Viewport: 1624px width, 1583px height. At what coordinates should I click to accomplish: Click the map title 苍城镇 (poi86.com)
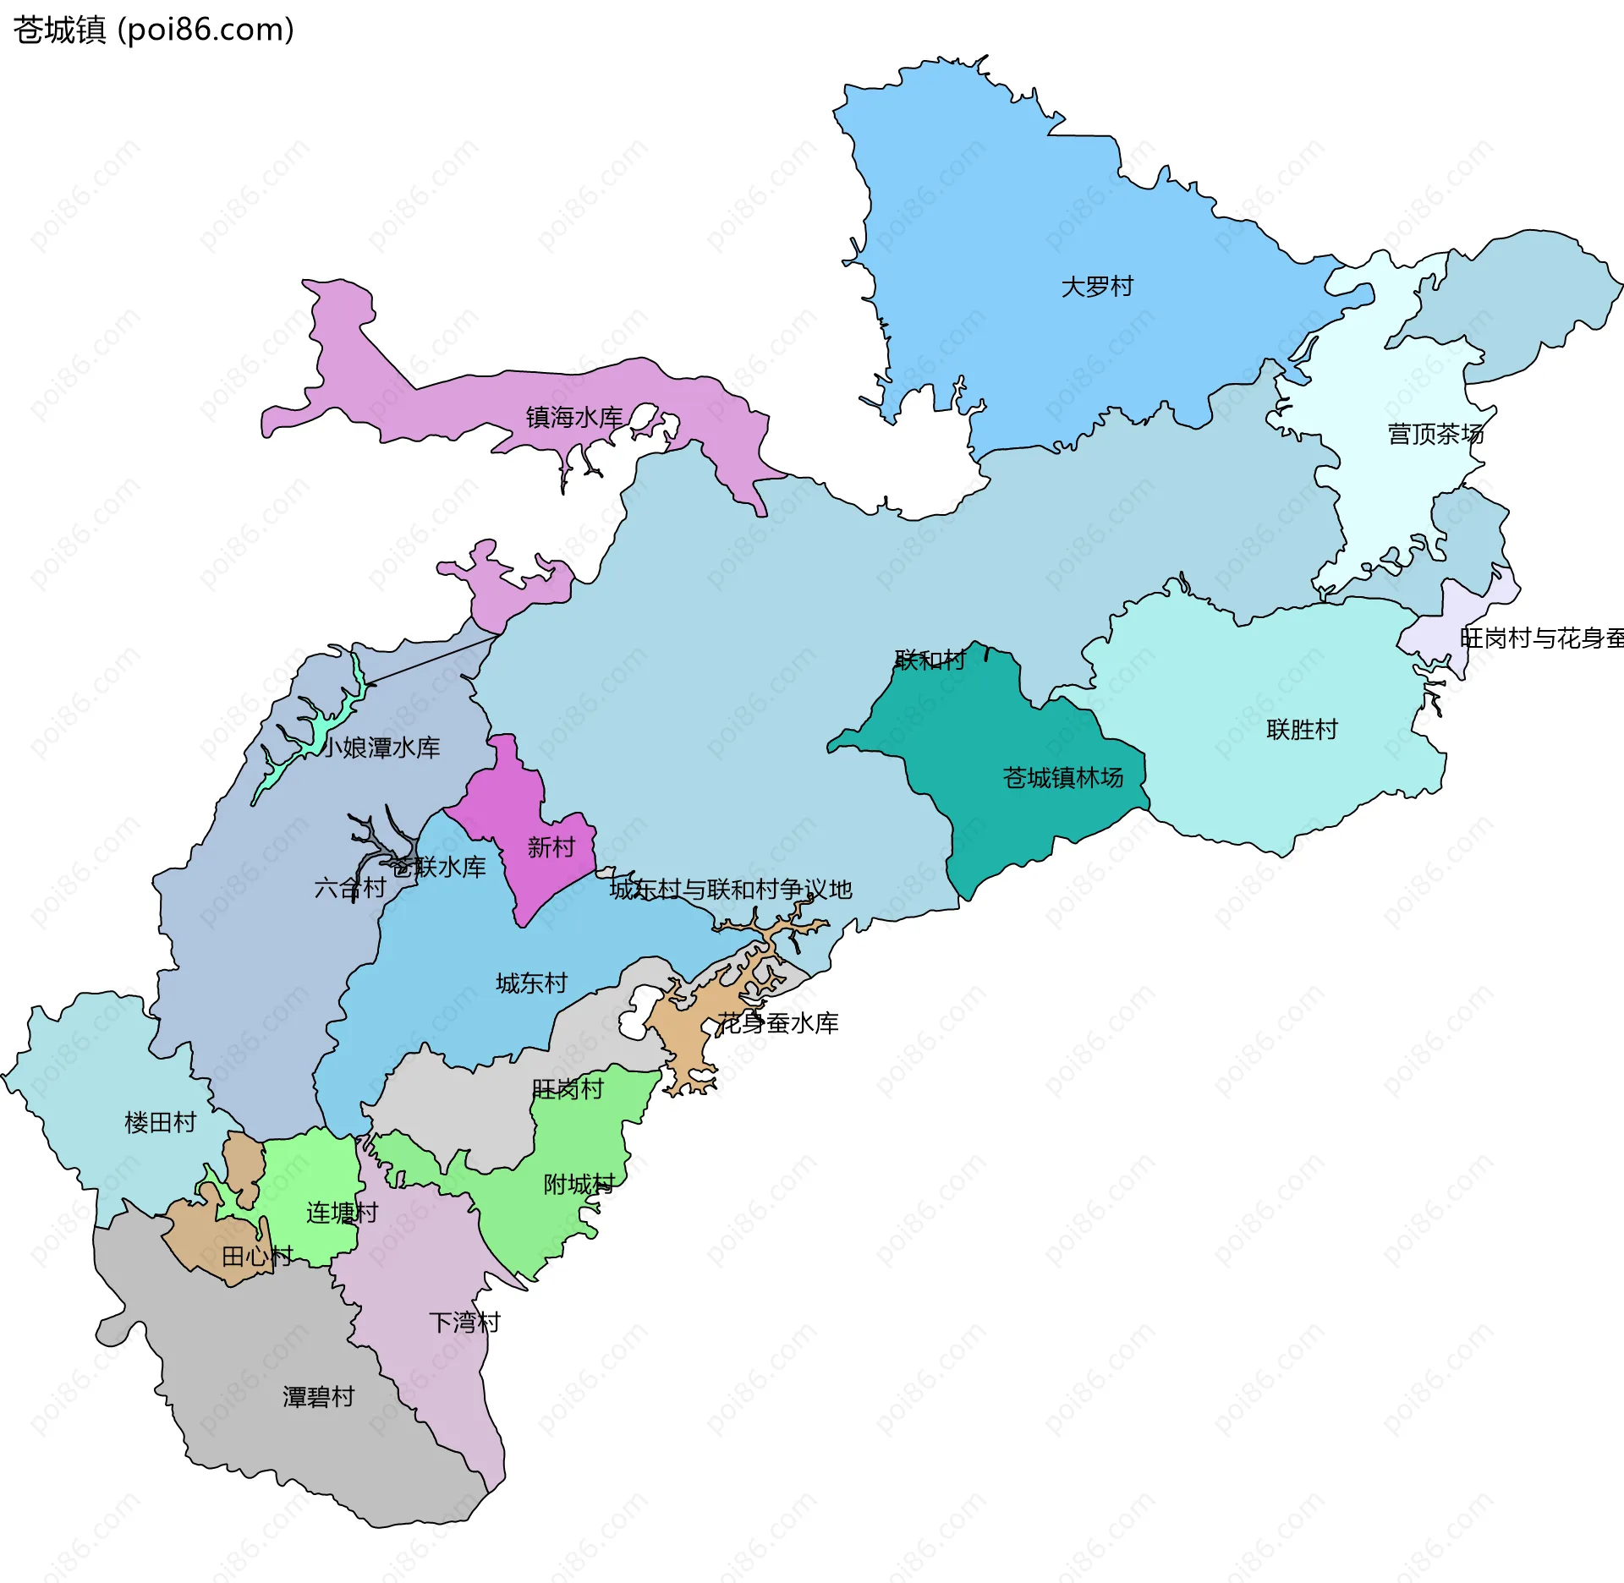coord(153,30)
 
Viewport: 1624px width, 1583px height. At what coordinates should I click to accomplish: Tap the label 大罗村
coord(1097,287)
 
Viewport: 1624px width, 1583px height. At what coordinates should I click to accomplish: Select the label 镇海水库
coord(574,417)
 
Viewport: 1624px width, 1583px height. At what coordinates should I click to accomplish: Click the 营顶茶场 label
coord(1435,434)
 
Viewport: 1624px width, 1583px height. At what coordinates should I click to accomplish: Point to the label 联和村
coord(930,660)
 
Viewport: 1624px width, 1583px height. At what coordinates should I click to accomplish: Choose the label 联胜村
coord(1302,729)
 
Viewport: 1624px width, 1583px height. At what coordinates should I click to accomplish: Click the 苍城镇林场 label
coord(1062,777)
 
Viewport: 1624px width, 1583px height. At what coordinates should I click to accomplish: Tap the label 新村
coord(551,846)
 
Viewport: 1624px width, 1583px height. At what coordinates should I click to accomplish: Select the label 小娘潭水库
coord(381,748)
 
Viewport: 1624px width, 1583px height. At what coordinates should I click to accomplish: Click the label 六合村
coord(349,888)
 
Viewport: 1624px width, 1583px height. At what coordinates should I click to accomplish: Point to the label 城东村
coord(531,983)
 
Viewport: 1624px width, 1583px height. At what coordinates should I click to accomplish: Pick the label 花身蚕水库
coord(777,1023)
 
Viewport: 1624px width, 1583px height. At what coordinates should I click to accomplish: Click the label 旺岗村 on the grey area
coord(568,1088)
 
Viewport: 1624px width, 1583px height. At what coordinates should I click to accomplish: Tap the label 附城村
coord(579,1184)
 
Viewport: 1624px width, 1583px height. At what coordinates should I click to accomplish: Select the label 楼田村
coord(160,1122)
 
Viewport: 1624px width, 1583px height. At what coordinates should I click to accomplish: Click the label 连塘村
coord(342,1213)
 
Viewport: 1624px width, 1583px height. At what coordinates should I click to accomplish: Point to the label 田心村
coord(257,1256)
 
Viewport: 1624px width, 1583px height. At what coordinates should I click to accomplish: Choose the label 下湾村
coord(464,1322)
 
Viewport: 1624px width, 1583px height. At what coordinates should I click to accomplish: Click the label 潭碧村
coord(318,1396)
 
